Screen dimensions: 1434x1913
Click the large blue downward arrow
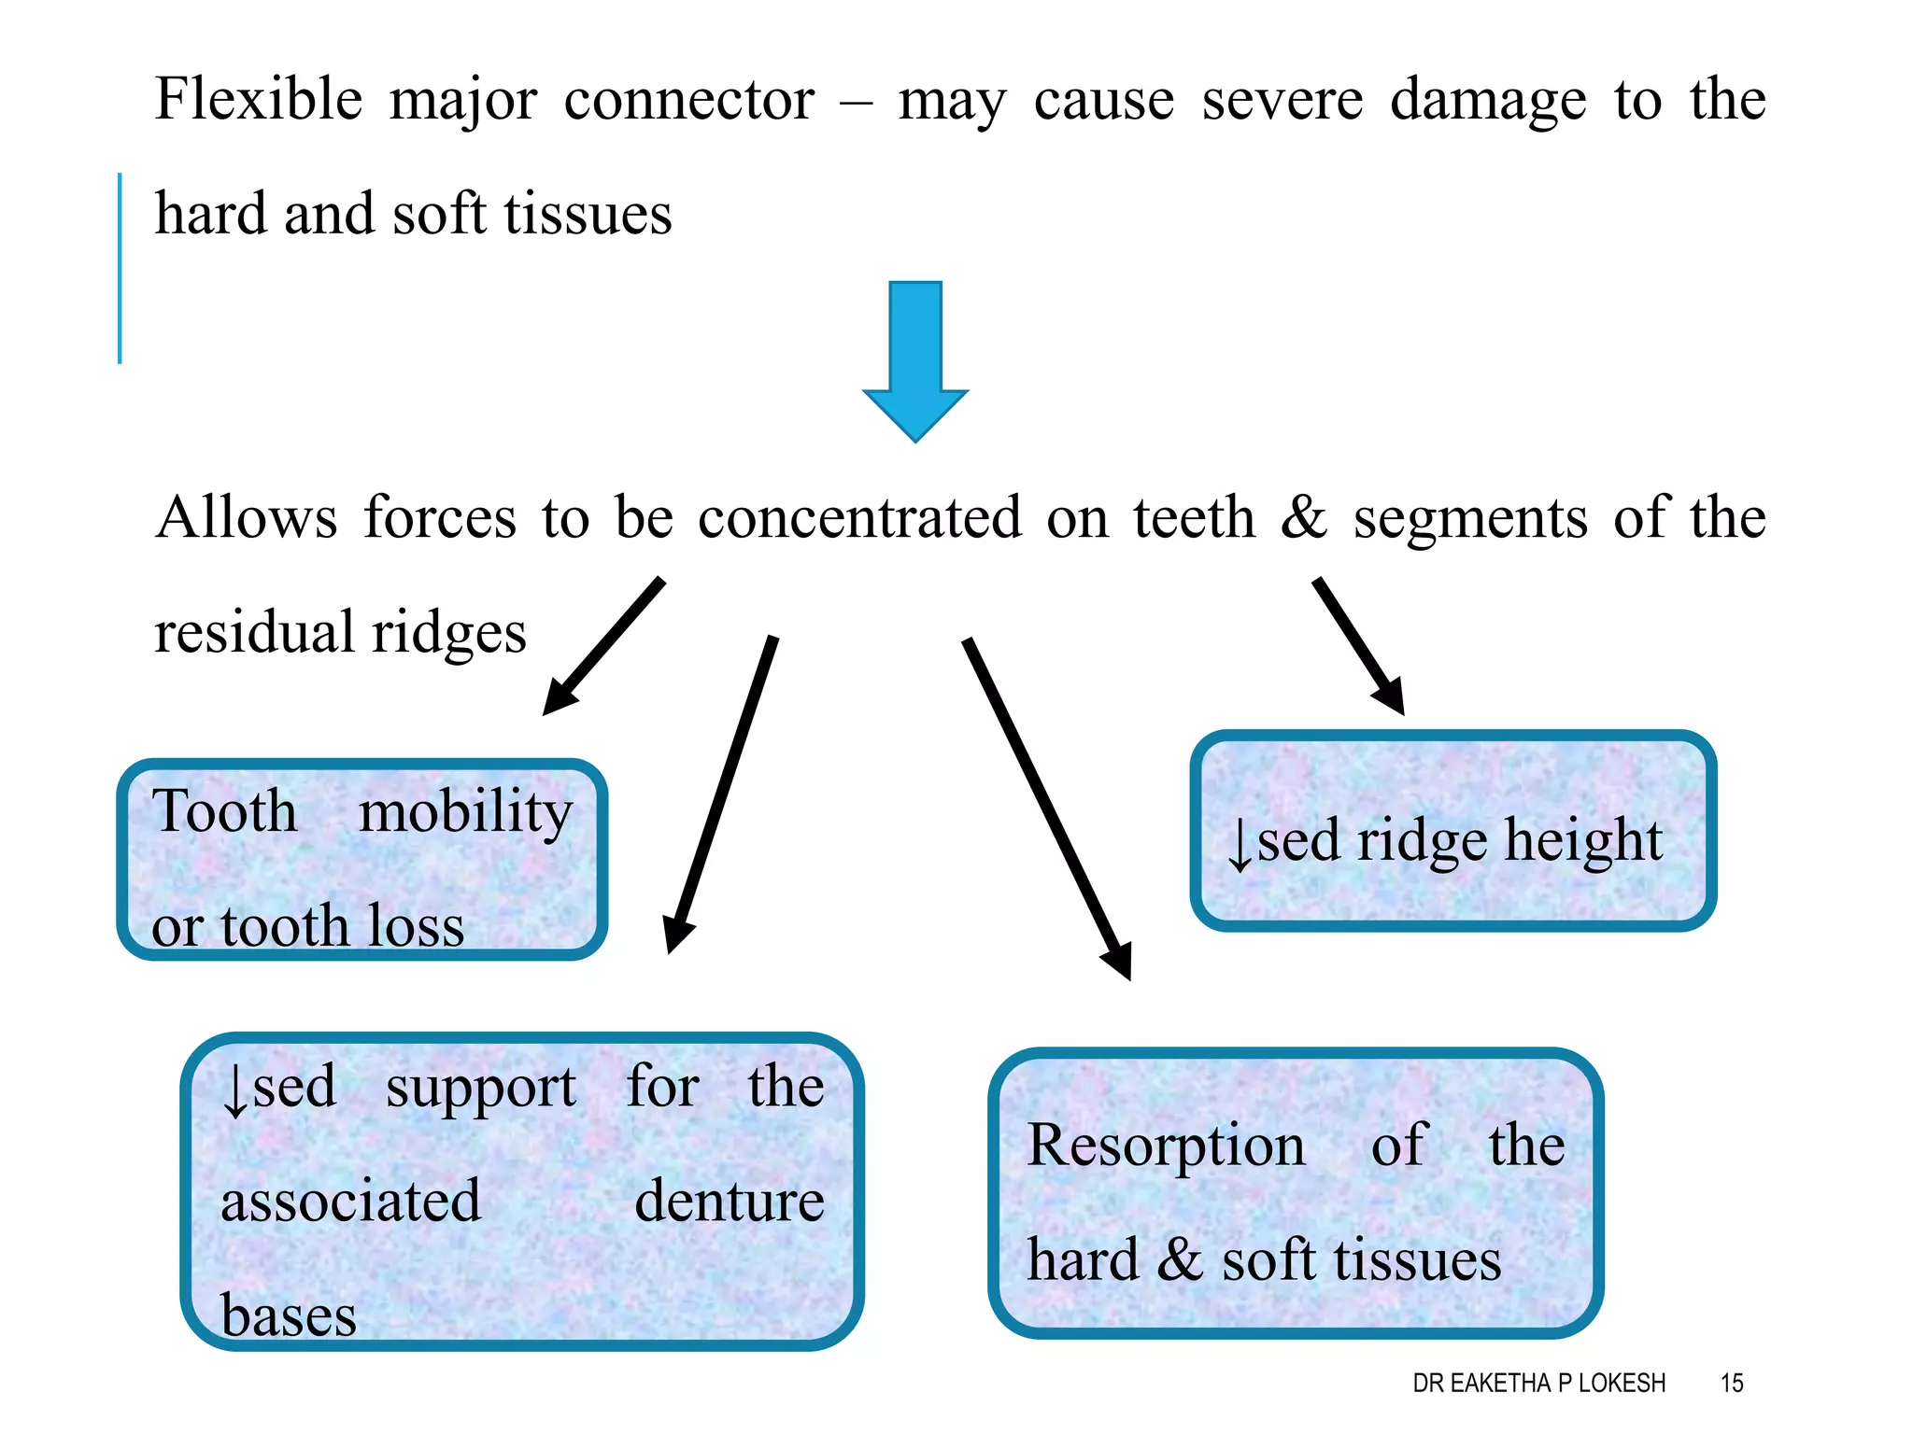point(915,359)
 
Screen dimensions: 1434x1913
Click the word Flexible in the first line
point(258,100)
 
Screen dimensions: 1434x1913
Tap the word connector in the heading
point(688,100)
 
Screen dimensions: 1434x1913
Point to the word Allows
point(247,518)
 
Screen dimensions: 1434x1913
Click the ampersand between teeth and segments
point(1304,518)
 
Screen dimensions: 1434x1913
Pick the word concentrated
point(859,518)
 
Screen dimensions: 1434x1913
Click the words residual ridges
point(340,633)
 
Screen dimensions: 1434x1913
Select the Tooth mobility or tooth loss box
point(362,860)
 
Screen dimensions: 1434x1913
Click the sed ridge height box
point(1453,831)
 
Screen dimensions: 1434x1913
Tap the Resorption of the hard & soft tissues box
point(1297,1193)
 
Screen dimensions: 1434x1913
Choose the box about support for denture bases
point(522,1192)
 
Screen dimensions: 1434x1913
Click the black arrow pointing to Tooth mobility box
point(603,647)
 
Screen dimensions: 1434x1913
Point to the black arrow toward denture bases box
point(721,794)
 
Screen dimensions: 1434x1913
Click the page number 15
point(1732,1383)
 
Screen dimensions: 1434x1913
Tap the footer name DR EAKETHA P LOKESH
point(1538,1383)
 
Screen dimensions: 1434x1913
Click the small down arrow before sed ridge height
point(1240,843)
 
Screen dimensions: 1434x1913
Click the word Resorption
point(1166,1146)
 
